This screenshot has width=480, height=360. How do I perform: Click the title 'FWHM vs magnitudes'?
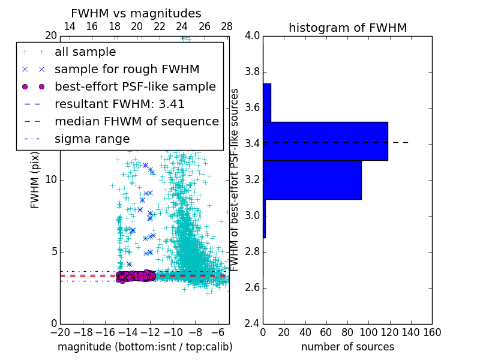coord(136,13)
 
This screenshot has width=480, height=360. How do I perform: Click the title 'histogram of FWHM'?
coord(347,28)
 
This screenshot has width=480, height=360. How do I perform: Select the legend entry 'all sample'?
coord(85,52)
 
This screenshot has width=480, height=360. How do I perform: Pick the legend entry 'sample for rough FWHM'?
coord(127,70)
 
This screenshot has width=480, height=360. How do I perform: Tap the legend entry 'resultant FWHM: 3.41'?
coord(119,104)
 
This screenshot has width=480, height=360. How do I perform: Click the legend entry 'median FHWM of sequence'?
coord(136,121)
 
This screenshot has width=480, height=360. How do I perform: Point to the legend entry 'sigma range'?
coord(92,139)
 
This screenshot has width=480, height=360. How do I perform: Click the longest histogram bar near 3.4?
coord(325,141)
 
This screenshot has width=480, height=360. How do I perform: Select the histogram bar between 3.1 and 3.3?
coord(312,179)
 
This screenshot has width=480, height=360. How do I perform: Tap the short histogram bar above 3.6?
coord(267,103)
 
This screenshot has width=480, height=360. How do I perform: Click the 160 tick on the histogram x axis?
coord(432,332)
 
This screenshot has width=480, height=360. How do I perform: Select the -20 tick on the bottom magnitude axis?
coord(60,332)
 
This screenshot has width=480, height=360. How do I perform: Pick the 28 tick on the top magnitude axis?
coord(227,26)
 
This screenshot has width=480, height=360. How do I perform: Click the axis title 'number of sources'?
coord(347,347)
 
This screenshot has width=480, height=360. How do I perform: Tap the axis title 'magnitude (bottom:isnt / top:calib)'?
coord(145,347)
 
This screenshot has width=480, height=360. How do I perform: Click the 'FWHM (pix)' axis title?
coord(35,180)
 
